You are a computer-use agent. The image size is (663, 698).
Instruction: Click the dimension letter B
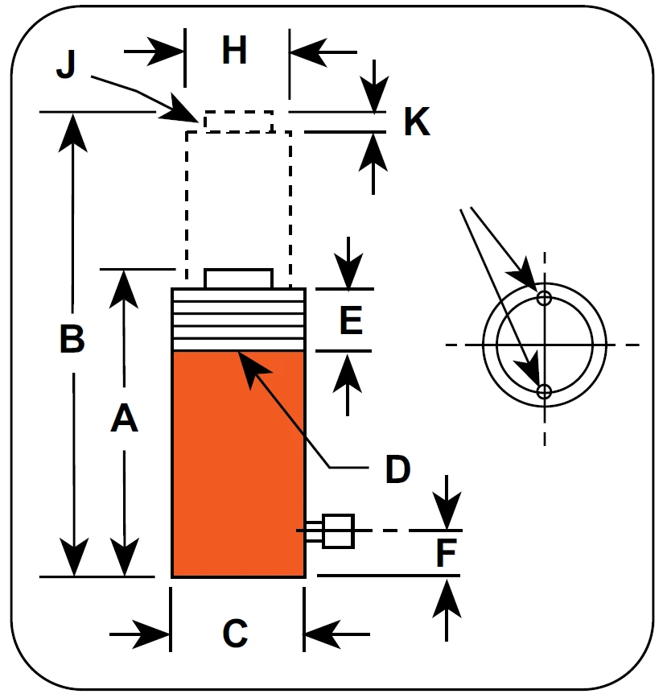click(72, 339)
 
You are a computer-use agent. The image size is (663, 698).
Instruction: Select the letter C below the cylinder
click(235, 633)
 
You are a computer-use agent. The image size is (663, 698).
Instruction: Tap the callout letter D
click(397, 469)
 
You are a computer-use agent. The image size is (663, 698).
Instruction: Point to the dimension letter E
click(351, 320)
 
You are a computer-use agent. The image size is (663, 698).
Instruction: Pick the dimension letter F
click(447, 552)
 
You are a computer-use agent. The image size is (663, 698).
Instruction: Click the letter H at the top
click(234, 50)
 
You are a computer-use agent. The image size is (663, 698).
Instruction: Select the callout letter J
click(66, 64)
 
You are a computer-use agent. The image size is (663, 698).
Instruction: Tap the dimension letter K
click(417, 121)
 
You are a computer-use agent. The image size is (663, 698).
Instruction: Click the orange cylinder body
click(238, 464)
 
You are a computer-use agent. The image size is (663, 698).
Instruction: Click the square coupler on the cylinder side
click(338, 531)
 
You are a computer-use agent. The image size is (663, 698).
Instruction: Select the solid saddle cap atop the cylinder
click(238, 279)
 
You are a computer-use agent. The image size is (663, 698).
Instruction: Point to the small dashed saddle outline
click(238, 122)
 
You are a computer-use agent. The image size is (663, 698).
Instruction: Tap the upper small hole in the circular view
click(544, 298)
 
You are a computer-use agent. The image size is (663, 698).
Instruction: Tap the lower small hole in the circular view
click(544, 392)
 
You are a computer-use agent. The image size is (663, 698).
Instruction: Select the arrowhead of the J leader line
click(182, 110)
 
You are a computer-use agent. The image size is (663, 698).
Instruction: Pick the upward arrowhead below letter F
click(447, 598)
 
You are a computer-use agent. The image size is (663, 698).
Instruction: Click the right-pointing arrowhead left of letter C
click(151, 634)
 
